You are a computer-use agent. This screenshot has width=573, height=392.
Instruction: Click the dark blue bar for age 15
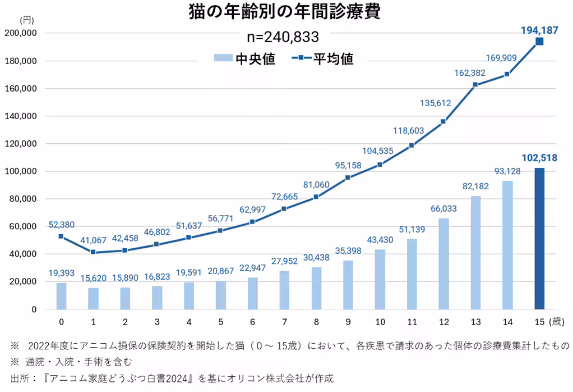click(x=539, y=239)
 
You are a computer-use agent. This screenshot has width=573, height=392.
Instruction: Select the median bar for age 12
click(x=443, y=264)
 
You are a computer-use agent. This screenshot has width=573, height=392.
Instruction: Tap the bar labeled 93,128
click(x=507, y=245)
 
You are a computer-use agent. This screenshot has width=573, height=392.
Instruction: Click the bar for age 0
click(x=61, y=296)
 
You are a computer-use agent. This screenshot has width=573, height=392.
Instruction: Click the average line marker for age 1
click(x=93, y=253)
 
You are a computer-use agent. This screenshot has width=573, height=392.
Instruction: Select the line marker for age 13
click(x=475, y=85)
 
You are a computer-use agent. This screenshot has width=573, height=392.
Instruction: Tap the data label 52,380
click(x=61, y=224)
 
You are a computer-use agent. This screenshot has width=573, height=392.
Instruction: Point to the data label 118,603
click(x=412, y=130)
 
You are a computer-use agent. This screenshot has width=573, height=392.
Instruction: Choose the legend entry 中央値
click(x=244, y=58)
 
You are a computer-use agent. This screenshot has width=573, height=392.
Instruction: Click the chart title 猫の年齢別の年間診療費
click(x=285, y=12)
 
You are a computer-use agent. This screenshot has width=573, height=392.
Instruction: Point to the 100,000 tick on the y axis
click(x=20, y=171)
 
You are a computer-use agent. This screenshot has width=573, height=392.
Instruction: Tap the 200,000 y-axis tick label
click(x=20, y=33)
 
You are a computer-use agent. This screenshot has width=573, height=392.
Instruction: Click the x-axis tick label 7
click(x=284, y=322)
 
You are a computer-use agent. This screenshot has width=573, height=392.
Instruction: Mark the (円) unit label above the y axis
click(x=26, y=20)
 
